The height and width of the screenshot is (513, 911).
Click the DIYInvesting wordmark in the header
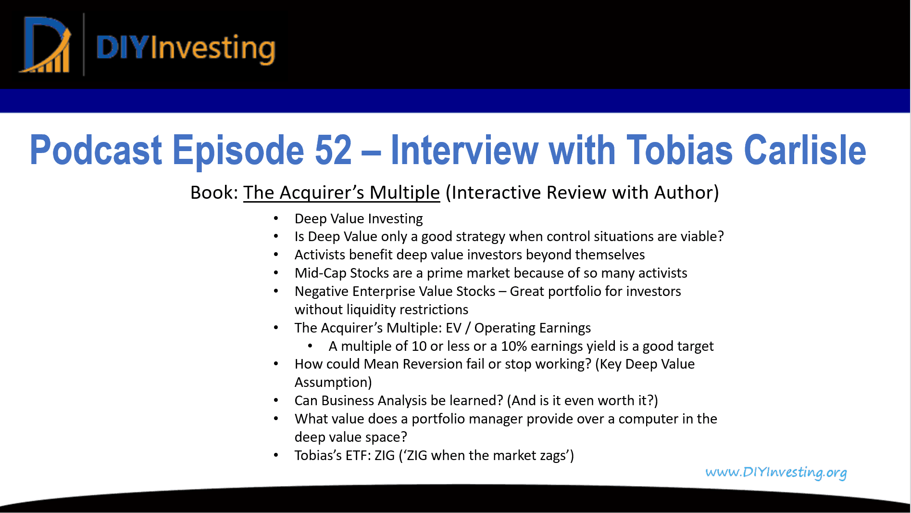186,49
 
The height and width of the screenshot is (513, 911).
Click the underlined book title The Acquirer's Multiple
341,192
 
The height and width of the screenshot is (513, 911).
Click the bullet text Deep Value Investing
359,218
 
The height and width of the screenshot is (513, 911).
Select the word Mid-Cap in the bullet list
320,273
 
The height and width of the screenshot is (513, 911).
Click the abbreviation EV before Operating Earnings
454,328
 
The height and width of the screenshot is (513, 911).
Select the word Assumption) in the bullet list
333,382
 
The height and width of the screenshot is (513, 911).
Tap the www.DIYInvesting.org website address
776,472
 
